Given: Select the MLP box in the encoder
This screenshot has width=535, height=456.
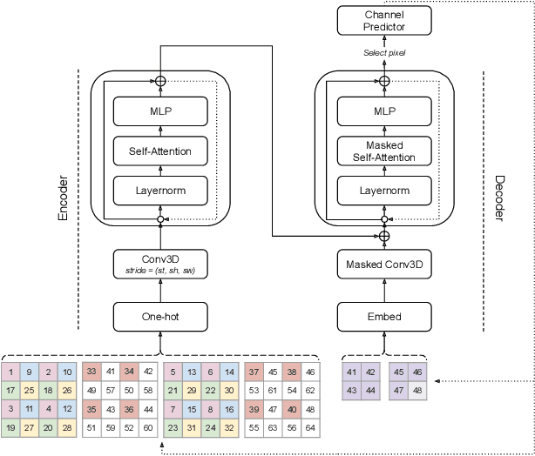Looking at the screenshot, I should click(x=161, y=111).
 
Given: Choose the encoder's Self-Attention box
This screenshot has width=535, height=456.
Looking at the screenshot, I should click(x=161, y=151).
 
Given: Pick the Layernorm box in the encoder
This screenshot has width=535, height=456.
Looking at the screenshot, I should click(x=161, y=190).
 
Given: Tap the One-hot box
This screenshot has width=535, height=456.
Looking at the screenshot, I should click(x=161, y=317).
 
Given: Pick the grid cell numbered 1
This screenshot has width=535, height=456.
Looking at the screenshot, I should click(x=12, y=371).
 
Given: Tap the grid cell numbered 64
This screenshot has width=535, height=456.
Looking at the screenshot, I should click(x=311, y=428).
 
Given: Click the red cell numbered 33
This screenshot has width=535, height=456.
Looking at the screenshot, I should click(x=91, y=371).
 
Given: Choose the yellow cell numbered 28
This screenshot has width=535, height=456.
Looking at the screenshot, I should click(x=68, y=428).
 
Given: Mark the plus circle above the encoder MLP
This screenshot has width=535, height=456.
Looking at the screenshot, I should click(x=160, y=81).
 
